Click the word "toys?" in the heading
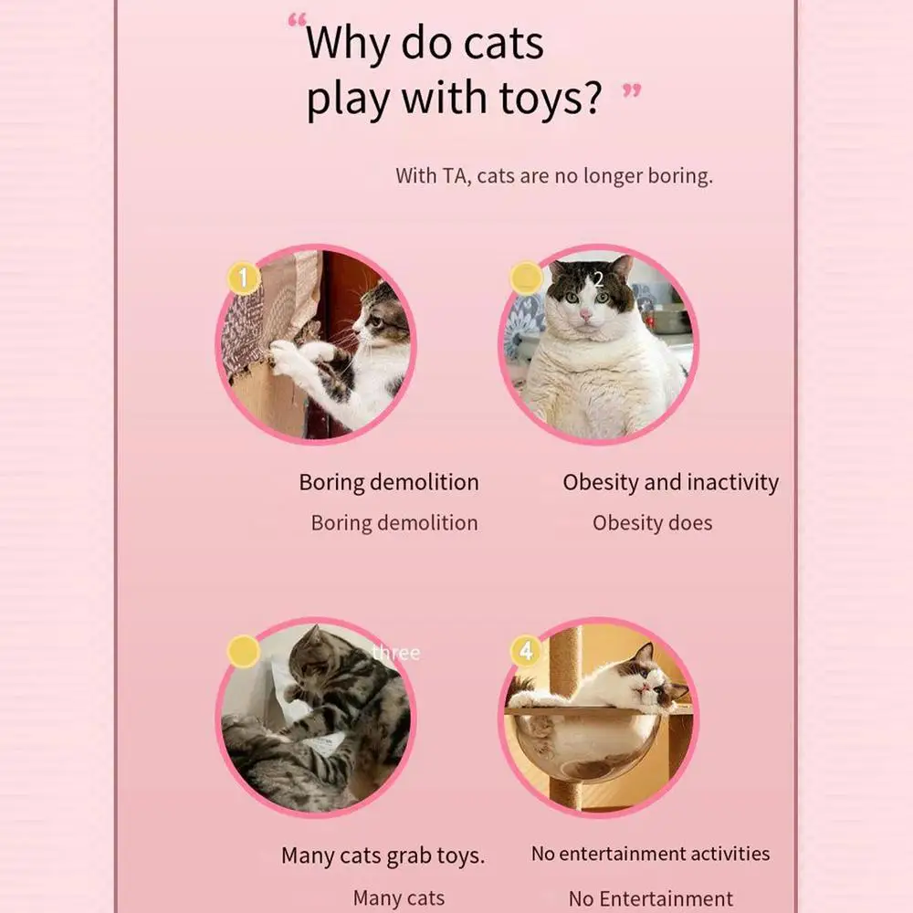coord(551,98)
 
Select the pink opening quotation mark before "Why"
coord(297,22)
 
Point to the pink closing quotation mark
coord(632,90)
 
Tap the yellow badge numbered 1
coord(244,278)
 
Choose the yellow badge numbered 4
coord(527,651)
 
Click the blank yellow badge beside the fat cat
coord(527,278)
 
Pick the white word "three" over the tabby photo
coord(396,653)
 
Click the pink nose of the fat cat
coord(585,315)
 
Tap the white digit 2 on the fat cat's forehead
coord(599,280)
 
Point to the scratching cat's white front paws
coord(297,356)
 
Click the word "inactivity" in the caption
coord(732,483)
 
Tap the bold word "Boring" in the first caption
coord(332,483)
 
